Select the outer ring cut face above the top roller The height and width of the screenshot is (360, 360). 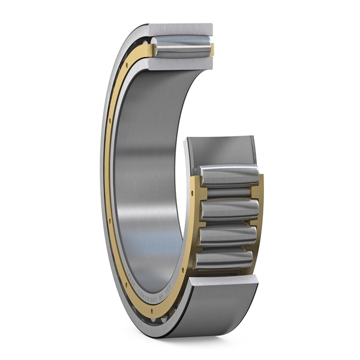(x=180, y=29)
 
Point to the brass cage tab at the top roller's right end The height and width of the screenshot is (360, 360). (x=211, y=49)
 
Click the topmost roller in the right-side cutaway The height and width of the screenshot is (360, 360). (x=229, y=176)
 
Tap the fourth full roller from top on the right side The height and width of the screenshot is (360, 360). (x=224, y=259)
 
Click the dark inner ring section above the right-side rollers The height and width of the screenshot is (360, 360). (x=221, y=150)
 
